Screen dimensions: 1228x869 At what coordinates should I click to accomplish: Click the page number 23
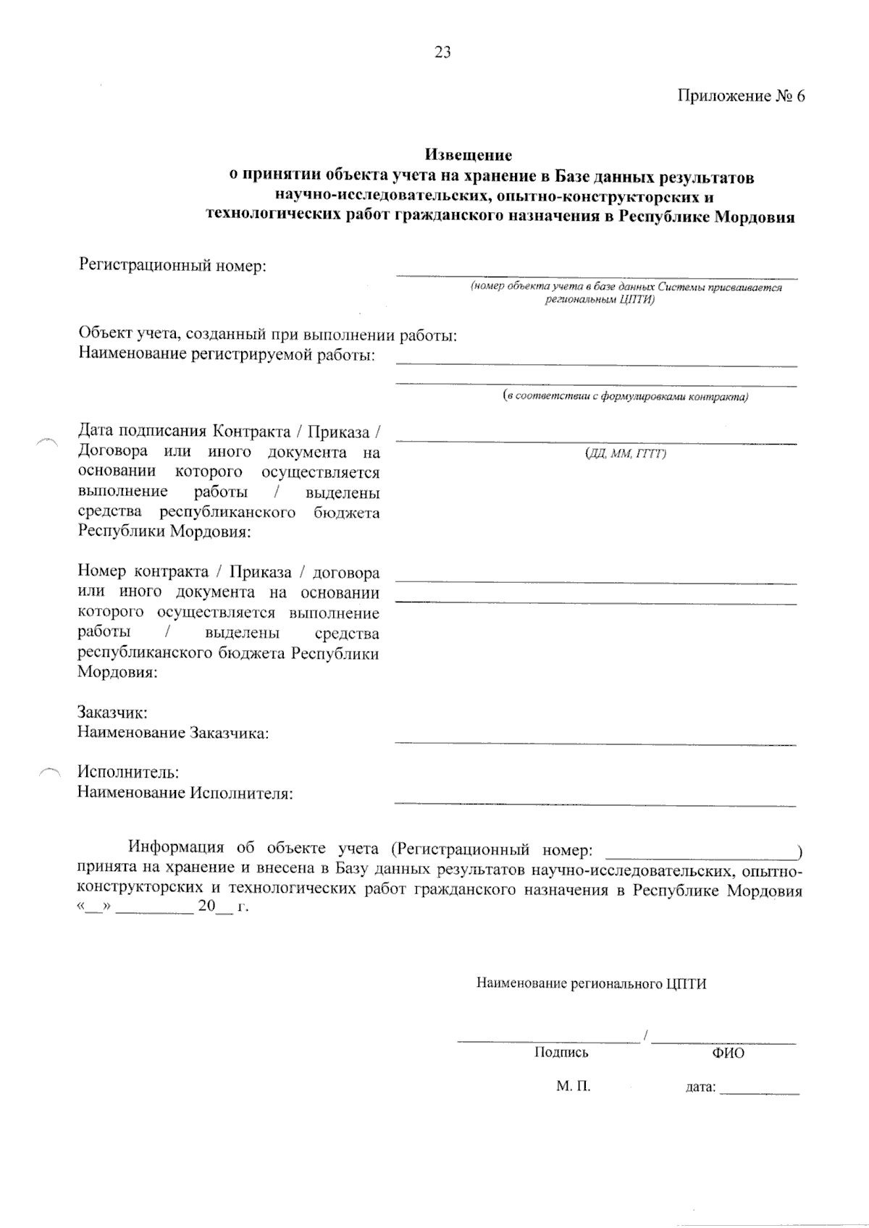click(x=442, y=52)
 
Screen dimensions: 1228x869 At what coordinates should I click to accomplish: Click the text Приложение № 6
click(x=741, y=96)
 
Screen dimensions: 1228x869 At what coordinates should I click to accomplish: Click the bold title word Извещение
click(x=468, y=155)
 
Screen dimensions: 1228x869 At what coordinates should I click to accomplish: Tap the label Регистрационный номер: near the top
click(x=172, y=266)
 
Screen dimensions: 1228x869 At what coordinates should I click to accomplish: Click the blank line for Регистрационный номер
click(x=596, y=276)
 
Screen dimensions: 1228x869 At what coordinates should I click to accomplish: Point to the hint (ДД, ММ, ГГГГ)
click(x=625, y=454)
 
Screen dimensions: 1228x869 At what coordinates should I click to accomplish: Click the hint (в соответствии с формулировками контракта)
click(x=626, y=397)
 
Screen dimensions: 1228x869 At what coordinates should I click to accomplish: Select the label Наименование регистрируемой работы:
click(x=226, y=356)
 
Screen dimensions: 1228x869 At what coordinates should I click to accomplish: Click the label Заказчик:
click(x=112, y=712)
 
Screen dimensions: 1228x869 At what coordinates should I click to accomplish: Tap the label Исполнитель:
click(x=128, y=773)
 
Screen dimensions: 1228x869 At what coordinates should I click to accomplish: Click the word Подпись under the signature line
click(x=561, y=1053)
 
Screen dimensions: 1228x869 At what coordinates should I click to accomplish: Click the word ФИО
click(x=728, y=1054)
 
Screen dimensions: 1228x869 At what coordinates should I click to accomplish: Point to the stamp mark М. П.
click(x=574, y=1087)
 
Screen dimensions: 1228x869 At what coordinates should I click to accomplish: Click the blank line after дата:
click(x=760, y=1093)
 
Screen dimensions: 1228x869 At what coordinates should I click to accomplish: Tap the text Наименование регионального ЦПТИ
click(x=591, y=983)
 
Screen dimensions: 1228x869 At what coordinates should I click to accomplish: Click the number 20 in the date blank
click(x=207, y=907)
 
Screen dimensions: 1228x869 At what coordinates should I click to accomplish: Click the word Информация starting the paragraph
click(x=176, y=848)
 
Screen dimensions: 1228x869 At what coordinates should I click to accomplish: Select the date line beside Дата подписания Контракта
click(x=596, y=441)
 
